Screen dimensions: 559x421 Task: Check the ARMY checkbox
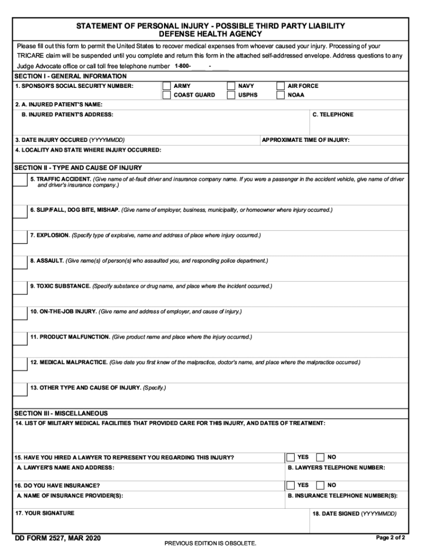tap(166, 86)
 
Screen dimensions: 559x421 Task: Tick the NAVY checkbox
tap(231, 86)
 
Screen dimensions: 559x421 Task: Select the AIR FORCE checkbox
tap(280, 86)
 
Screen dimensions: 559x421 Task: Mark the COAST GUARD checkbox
tap(166, 95)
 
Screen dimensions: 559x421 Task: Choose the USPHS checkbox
tap(231, 95)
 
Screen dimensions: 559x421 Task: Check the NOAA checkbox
tap(280, 95)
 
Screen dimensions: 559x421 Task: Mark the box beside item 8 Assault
tap(20, 263)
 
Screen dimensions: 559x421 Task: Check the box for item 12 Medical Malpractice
tap(20, 365)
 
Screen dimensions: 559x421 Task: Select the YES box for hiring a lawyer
tap(291, 457)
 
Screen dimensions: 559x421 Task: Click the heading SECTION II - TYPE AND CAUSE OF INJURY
tap(78, 168)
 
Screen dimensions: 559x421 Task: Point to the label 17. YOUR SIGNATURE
tap(45, 513)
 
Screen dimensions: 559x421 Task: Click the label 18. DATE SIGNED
tap(354, 514)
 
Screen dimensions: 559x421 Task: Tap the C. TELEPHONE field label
tap(333, 115)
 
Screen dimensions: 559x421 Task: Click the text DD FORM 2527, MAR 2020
tap(58, 539)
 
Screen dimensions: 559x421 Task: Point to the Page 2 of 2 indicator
tap(390, 538)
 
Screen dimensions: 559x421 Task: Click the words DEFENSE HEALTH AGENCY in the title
tap(210, 34)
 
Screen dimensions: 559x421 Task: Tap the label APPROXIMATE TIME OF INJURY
tap(306, 140)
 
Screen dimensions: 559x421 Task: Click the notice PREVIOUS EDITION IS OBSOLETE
tap(210, 544)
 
